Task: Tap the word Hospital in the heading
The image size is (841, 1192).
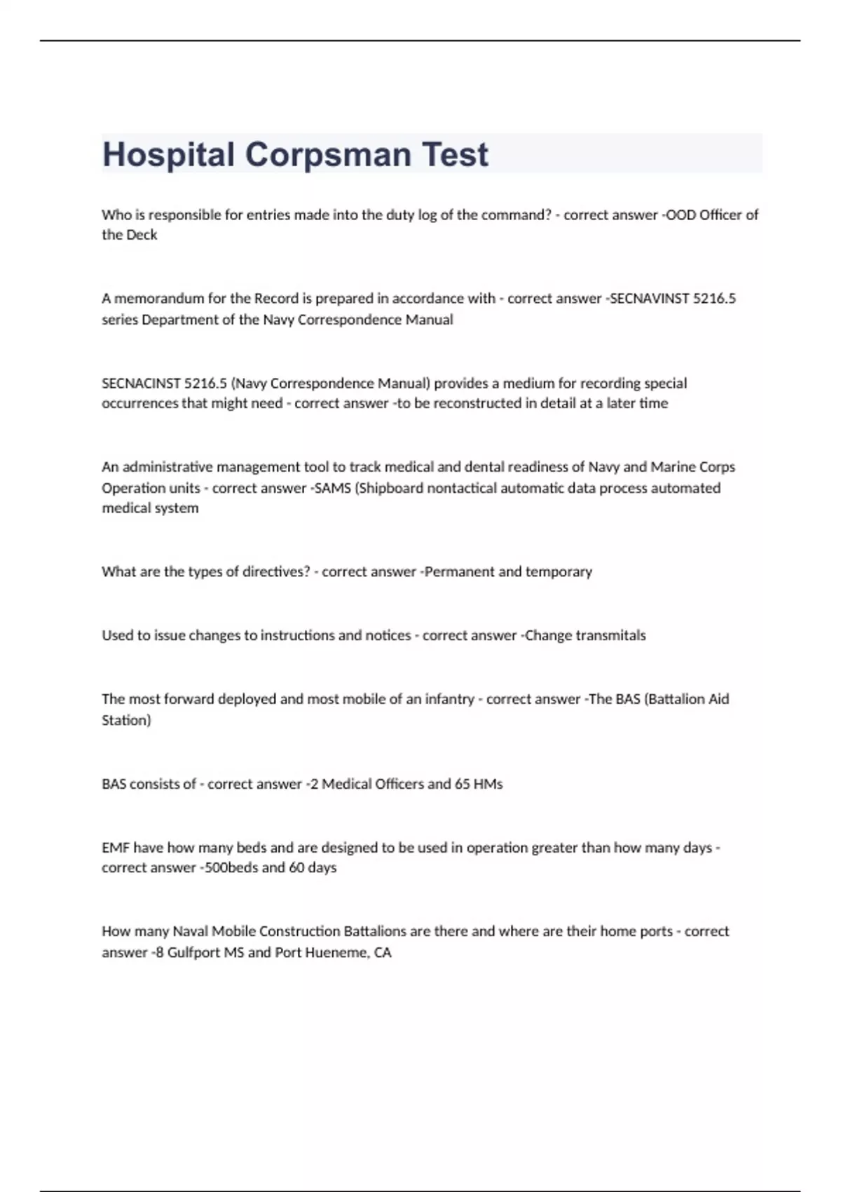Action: [x=168, y=155]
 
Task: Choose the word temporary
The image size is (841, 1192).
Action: [x=559, y=571]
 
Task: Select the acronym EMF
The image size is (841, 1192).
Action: [x=116, y=848]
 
